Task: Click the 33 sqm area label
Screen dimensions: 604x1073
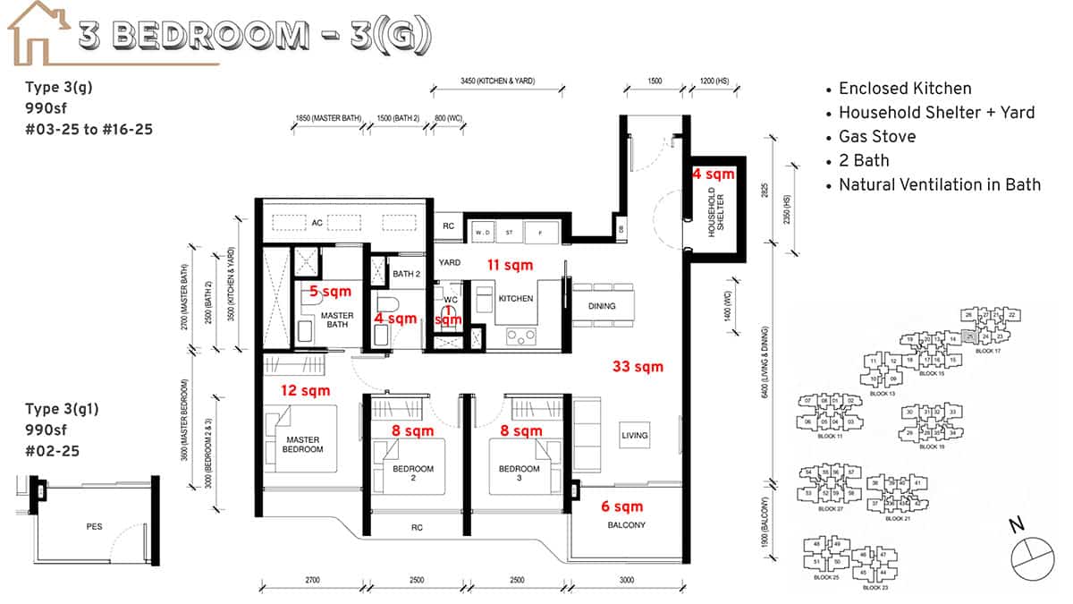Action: click(x=638, y=366)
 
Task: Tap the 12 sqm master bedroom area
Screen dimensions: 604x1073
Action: click(x=304, y=390)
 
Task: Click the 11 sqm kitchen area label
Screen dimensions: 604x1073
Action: click(x=510, y=265)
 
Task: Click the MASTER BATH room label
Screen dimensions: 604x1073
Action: click(x=337, y=319)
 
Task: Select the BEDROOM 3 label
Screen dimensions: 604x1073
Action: click(x=519, y=473)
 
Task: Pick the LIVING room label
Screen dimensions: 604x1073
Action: click(x=635, y=436)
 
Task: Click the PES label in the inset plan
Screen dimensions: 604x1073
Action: click(x=94, y=526)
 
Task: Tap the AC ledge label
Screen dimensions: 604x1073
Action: click(x=317, y=223)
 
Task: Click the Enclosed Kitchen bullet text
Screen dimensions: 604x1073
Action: click(x=904, y=89)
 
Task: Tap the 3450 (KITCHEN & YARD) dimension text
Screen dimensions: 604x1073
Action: click(x=497, y=81)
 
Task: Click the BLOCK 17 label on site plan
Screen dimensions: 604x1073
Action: click(x=988, y=352)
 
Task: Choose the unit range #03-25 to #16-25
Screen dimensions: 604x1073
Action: click(x=89, y=130)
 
